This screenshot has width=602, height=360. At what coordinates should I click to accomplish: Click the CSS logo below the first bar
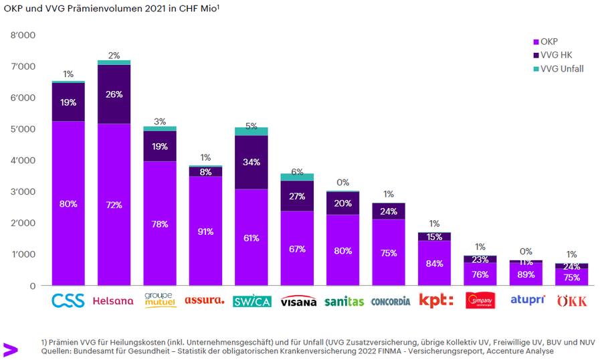click(x=68, y=300)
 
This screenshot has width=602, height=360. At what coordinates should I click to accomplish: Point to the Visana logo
click(x=298, y=302)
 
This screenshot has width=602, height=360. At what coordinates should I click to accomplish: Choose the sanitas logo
click(x=344, y=301)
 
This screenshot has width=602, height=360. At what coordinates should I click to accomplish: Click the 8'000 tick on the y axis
click(x=23, y=35)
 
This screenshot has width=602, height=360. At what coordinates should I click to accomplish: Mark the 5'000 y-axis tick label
click(x=23, y=128)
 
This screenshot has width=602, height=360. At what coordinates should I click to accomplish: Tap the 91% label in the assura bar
click(x=205, y=232)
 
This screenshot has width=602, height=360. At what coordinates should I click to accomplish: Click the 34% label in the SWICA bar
click(x=252, y=163)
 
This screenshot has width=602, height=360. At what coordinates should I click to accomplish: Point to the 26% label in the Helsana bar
click(x=114, y=94)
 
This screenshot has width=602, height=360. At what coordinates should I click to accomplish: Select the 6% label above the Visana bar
click(x=297, y=171)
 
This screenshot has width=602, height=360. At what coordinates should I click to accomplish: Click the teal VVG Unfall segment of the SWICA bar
click(x=252, y=131)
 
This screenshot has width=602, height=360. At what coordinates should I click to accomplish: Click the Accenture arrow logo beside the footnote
click(x=9, y=348)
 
